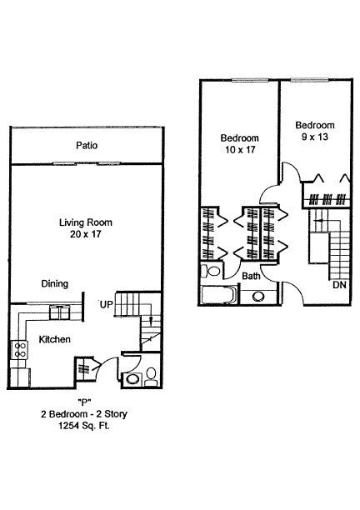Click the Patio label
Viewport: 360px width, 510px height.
pyautogui.click(x=87, y=145)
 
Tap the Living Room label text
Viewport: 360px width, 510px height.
pyautogui.click(x=86, y=222)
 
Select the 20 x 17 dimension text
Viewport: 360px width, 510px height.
pyautogui.click(x=86, y=234)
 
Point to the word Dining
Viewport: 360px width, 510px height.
pyautogui.click(x=55, y=284)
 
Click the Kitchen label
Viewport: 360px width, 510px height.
pyautogui.click(x=55, y=339)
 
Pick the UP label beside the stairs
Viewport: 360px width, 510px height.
pyautogui.click(x=106, y=305)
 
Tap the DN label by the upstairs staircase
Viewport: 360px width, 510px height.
pyautogui.click(x=339, y=285)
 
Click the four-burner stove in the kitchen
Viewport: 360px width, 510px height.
pyautogui.click(x=19, y=350)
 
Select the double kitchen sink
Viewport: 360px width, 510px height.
pyautogui.click(x=59, y=312)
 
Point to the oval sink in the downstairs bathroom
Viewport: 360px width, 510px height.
pyautogui.click(x=132, y=379)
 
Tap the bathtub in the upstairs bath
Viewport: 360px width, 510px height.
pyautogui.click(x=217, y=295)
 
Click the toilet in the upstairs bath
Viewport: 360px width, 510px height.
pyautogui.click(x=212, y=271)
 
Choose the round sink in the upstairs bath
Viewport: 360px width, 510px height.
pyautogui.click(x=258, y=297)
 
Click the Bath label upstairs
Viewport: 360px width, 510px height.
pyautogui.click(x=251, y=276)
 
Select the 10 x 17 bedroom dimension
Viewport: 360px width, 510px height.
pyautogui.click(x=240, y=150)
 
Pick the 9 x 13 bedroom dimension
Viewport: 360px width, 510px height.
pyautogui.click(x=315, y=137)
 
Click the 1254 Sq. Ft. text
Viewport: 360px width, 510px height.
pyautogui.click(x=83, y=426)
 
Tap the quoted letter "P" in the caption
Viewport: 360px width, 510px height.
pyautogui.click(x=84, y=402)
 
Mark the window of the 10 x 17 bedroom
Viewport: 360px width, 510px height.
pyautogui.click(x=250, y=80)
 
